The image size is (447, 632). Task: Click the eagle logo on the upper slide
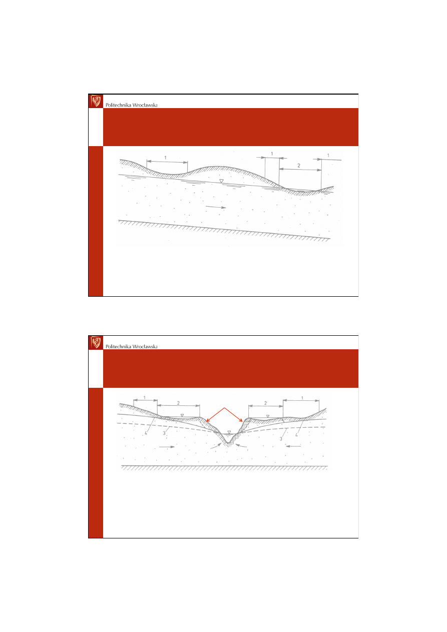96,101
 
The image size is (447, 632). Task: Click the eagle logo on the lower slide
96,343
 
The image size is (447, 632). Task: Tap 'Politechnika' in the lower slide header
118,346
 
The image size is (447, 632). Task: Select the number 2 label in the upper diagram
298,166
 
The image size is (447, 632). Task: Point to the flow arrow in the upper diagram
216,207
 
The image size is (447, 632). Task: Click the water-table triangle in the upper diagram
222,181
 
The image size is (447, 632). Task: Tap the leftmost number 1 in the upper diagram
165,158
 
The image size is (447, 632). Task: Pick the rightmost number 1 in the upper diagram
328,156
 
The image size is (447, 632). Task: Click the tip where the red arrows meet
224,408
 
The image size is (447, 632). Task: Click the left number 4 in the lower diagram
146,433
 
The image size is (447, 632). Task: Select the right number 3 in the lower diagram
281,439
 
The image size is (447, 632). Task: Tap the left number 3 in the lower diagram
164,433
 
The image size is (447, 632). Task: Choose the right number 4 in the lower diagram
296,435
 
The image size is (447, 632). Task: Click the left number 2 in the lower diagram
178,403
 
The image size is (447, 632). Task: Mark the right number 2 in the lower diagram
265,403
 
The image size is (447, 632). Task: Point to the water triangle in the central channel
229,432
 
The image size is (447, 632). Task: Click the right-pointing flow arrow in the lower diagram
167,447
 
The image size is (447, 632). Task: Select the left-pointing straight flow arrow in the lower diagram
293,446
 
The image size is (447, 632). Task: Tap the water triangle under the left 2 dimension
182,415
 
